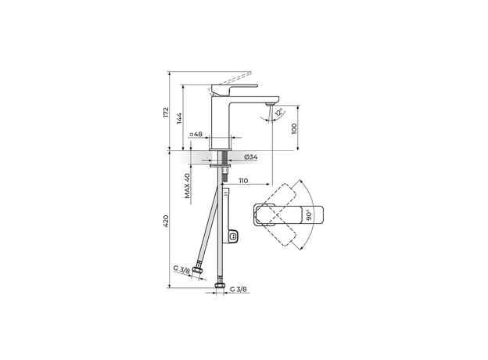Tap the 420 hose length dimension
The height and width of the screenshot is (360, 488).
[166, 223]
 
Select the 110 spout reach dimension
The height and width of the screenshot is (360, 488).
[242, 181]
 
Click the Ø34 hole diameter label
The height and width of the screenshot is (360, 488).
[251, 157]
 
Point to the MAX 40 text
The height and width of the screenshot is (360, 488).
[188, 188]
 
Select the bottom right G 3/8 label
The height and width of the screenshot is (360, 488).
[239, 290]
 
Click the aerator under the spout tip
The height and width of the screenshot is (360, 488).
[271, 103]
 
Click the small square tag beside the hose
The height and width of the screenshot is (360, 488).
[233, 235]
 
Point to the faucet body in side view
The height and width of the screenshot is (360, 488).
[223, 117]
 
